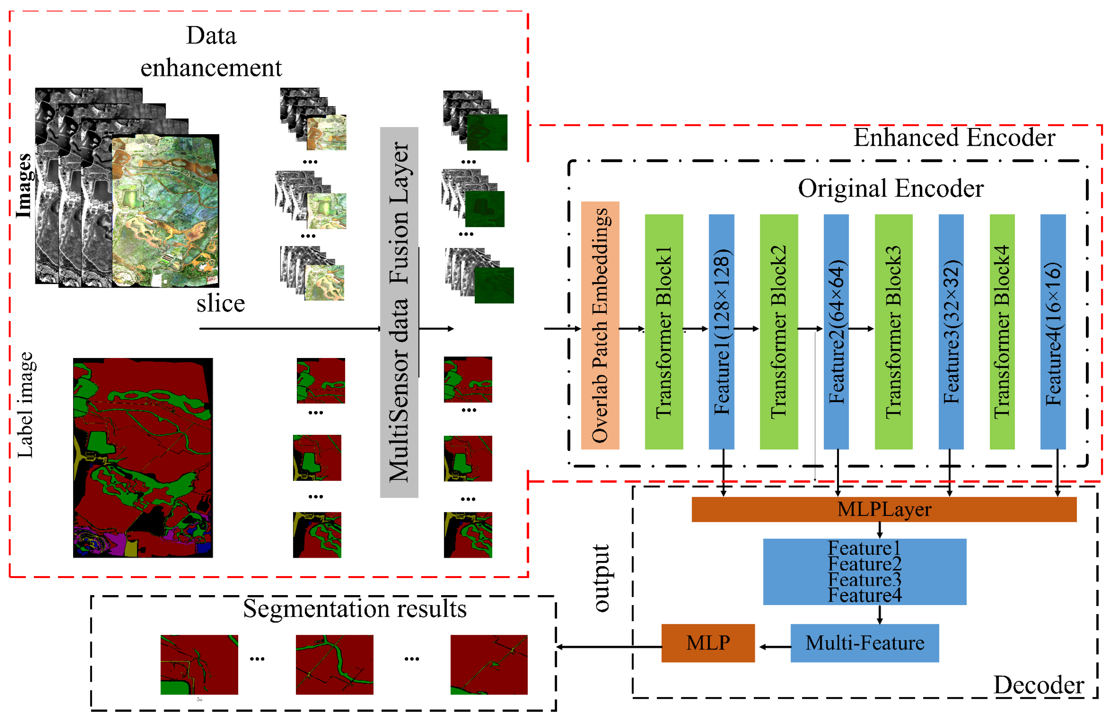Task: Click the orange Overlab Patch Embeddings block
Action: (600, 325)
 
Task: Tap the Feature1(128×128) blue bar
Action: (721, 332)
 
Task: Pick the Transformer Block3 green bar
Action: (893, 332)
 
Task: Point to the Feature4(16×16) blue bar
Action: (1053, 332)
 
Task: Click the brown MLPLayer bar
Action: (884, 509)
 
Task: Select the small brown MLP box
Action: (708, 643)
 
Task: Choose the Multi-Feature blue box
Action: (864, 643)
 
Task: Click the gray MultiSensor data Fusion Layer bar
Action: (399, 312)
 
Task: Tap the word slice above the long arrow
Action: (220, 304)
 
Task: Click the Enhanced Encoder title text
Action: (954, 138)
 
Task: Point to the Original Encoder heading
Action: (890, 188)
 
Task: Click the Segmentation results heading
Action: (355, 609)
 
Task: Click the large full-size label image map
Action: (143, 458)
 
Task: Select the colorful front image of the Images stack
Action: (165, 210)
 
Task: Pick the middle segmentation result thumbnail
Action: (334, 664)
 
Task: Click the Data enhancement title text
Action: (211, 51)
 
